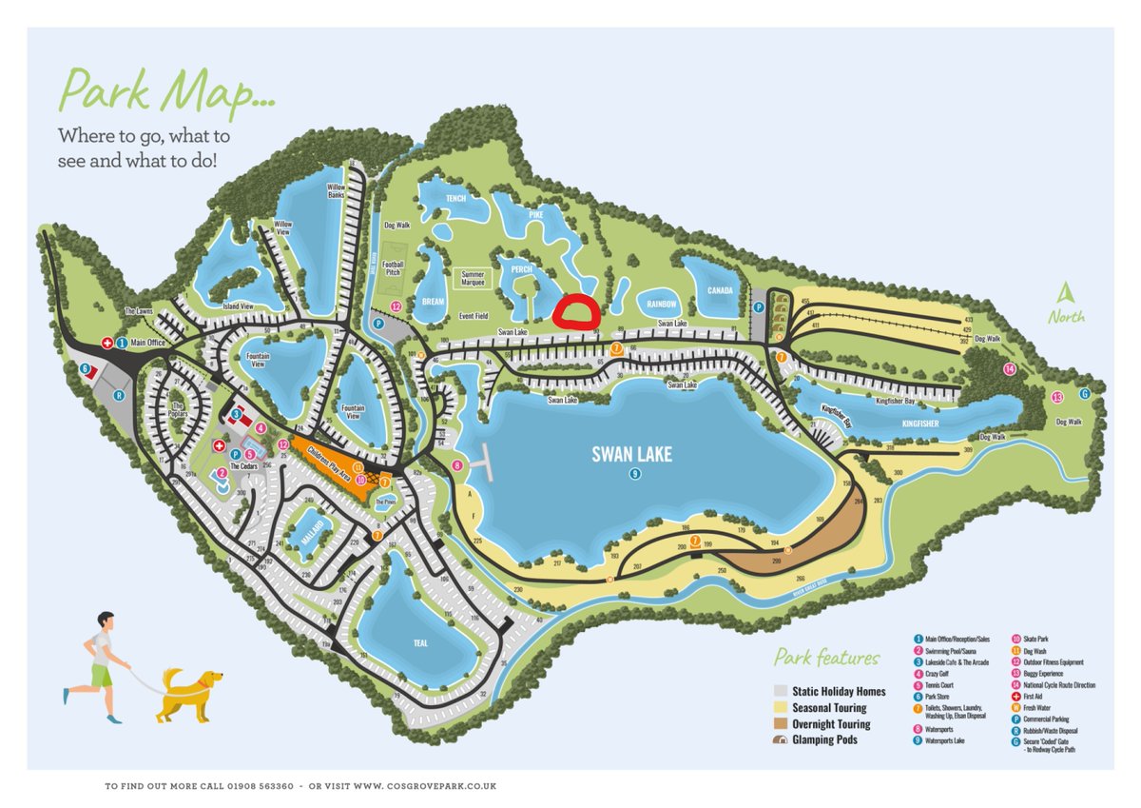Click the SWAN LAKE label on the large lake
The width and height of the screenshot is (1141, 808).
tap(631, 455)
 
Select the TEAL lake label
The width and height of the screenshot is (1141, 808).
tap(420, 643)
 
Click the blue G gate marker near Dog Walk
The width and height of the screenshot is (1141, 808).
tap(1084, 393)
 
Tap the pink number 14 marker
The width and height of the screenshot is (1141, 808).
tap(1009, 369)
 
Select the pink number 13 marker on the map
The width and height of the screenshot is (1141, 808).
tap(1056, 397)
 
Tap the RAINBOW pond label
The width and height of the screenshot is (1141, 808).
tap(662, 305)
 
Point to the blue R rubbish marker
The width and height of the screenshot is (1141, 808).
tap(119, 394)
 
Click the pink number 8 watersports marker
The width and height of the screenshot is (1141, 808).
tap(457, 465)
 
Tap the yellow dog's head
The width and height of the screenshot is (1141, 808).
tap(209, 680)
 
